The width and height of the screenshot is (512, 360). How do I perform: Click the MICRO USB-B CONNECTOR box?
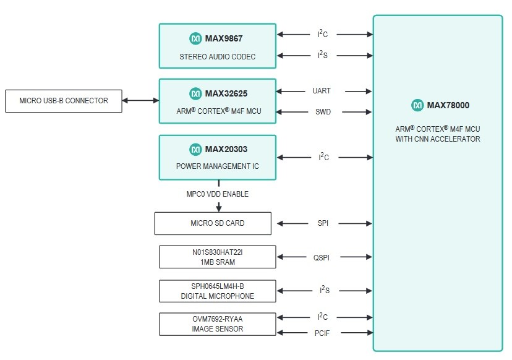click(63, 101)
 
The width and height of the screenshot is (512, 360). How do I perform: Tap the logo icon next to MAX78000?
click(417, 105)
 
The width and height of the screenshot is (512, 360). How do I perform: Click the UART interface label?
click(322, 91)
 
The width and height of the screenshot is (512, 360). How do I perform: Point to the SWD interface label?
click(322, 112)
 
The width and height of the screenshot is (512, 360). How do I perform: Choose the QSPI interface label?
click(322, 257)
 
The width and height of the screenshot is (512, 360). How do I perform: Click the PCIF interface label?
click(322, 333)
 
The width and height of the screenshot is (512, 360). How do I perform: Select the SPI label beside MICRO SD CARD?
click(322, 223)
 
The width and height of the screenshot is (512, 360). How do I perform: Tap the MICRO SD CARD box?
click(212, 223)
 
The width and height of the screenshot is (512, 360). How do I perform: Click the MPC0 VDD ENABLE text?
click(218, 194)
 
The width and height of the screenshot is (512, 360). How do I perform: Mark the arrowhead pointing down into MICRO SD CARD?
click(218, 207)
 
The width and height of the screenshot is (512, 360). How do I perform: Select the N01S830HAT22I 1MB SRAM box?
click(217, 257)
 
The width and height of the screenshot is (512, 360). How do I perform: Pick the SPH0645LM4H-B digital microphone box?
click(217, 291)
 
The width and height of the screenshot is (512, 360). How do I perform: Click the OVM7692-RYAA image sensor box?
click(217, 324)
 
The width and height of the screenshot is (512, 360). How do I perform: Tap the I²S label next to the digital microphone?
click(322, 289)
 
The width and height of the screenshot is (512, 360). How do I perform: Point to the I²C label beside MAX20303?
click(323, 157)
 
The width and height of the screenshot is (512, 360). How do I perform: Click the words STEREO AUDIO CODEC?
click(217, 57)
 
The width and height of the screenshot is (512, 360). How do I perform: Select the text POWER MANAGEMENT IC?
click(217, 166)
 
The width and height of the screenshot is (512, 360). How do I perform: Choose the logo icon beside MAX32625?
click(195, 93)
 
